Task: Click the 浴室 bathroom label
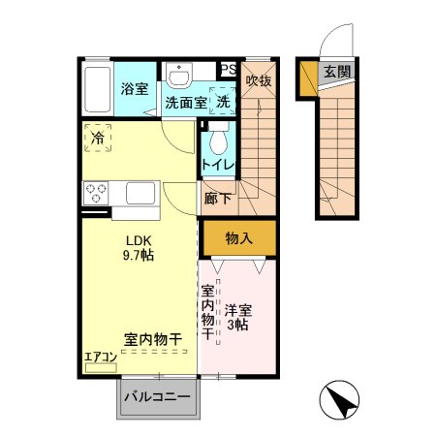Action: tap(135, 88)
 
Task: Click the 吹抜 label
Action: tap(258, 80)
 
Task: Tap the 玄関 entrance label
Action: tap(337, 71)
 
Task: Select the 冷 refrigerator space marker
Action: tap(98, 139)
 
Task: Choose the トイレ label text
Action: tap(218, 166)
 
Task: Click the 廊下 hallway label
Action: tap(218, 198)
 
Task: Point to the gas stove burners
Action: tap(96, 192)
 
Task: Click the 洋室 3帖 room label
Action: tap(238, 319)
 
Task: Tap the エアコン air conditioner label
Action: tap(101, 357)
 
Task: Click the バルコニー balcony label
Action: tap(155, 397)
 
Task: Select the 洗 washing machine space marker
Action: tap(223, 101)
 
